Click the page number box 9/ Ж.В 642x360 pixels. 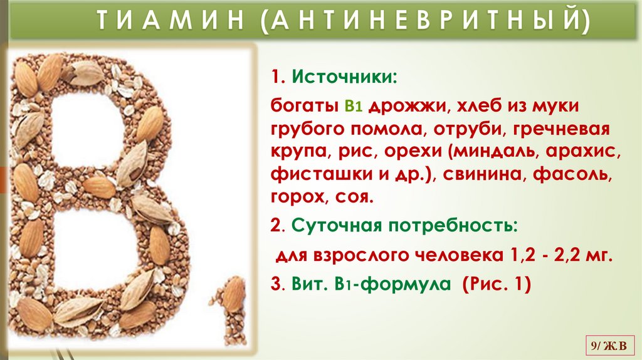[x=610, y=344]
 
